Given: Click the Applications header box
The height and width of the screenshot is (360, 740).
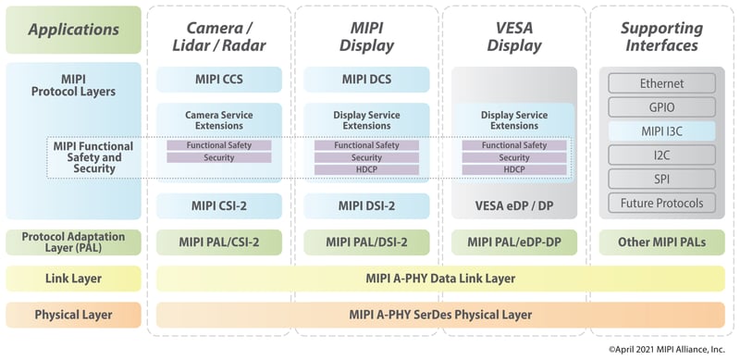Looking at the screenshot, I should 73,30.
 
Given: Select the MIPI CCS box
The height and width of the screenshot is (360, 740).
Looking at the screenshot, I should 218,79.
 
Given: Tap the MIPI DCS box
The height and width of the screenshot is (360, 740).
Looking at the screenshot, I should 366,79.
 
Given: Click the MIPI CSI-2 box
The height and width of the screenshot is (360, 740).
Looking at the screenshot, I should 218,205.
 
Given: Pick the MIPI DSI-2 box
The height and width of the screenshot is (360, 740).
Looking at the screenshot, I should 366,205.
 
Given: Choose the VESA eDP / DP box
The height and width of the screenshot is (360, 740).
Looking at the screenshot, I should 514,205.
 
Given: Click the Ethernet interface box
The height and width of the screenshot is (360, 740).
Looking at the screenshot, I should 661,83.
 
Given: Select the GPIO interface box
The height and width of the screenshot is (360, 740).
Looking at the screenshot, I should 661,106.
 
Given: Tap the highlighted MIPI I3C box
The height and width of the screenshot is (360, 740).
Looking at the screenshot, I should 661,130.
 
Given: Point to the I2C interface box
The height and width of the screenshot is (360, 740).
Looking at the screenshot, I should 661,155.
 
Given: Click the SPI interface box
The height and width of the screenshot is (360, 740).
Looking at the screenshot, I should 661,179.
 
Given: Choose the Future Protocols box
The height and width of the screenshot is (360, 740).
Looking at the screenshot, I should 661,203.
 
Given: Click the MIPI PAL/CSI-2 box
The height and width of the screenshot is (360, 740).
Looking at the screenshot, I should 218,242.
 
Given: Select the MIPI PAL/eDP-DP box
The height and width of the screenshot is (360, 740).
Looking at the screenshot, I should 514,242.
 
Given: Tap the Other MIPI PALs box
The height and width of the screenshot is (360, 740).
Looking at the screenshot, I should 661,242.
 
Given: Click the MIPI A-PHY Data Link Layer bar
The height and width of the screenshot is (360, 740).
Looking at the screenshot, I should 439,279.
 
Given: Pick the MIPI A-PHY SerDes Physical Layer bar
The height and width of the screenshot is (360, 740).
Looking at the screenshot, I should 439,315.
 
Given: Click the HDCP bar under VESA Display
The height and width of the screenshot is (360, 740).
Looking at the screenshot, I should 514,169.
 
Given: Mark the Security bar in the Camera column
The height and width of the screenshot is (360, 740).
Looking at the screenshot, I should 218,157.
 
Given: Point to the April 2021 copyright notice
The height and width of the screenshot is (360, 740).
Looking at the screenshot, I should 666,349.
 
